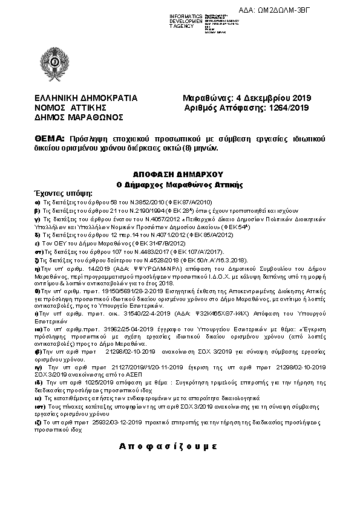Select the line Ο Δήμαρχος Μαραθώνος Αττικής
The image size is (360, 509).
click(179, 183)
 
